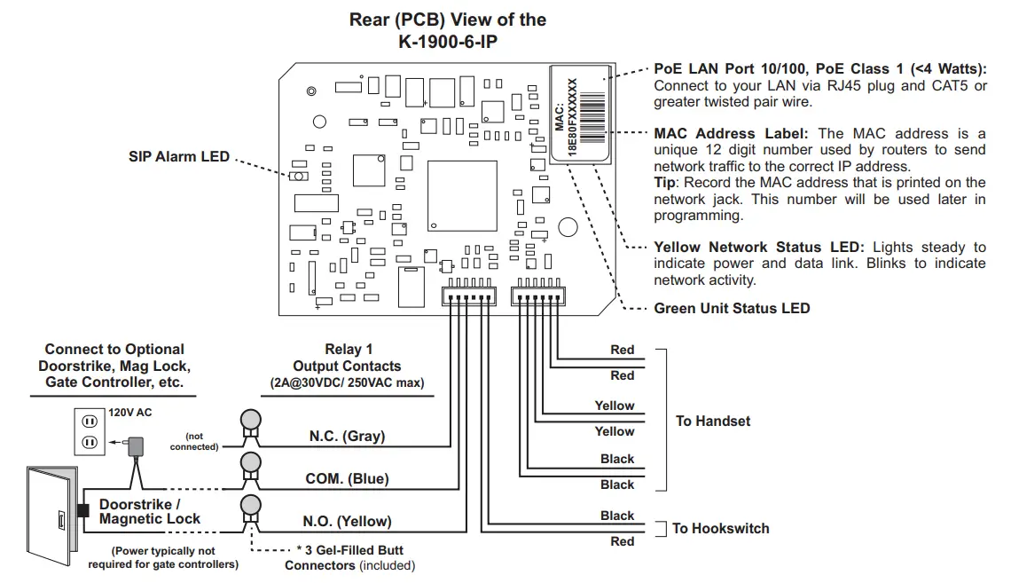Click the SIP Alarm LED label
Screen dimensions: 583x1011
179,157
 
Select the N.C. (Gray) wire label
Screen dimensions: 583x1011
345,437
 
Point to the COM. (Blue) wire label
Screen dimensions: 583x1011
347,479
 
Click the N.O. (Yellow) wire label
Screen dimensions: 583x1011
347,522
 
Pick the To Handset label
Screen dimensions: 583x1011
712,421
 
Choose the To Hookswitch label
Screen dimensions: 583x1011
720,528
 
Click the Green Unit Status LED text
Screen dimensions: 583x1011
732,309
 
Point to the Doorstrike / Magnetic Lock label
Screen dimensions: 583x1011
149,512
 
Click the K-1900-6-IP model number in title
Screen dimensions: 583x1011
447,41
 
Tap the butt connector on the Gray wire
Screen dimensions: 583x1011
251,426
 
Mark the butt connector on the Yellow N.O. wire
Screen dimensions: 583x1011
251,511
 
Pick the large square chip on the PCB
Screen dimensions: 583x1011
462,196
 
